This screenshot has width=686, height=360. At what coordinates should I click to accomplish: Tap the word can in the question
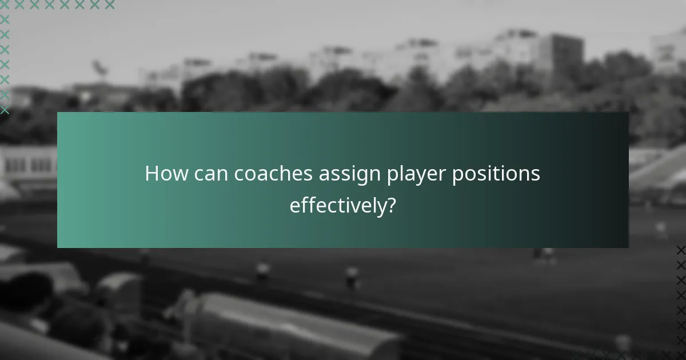point(208,174)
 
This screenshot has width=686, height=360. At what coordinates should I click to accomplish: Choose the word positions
point(496,174)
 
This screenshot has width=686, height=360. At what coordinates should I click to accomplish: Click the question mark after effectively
point(391,205)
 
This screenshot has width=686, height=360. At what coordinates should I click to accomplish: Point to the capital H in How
point(151,174)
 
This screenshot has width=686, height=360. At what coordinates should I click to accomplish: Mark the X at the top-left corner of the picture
point(5,5)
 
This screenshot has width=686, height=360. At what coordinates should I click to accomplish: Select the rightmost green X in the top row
point(109,5)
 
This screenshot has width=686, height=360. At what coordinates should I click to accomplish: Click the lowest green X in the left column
point(5,109)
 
